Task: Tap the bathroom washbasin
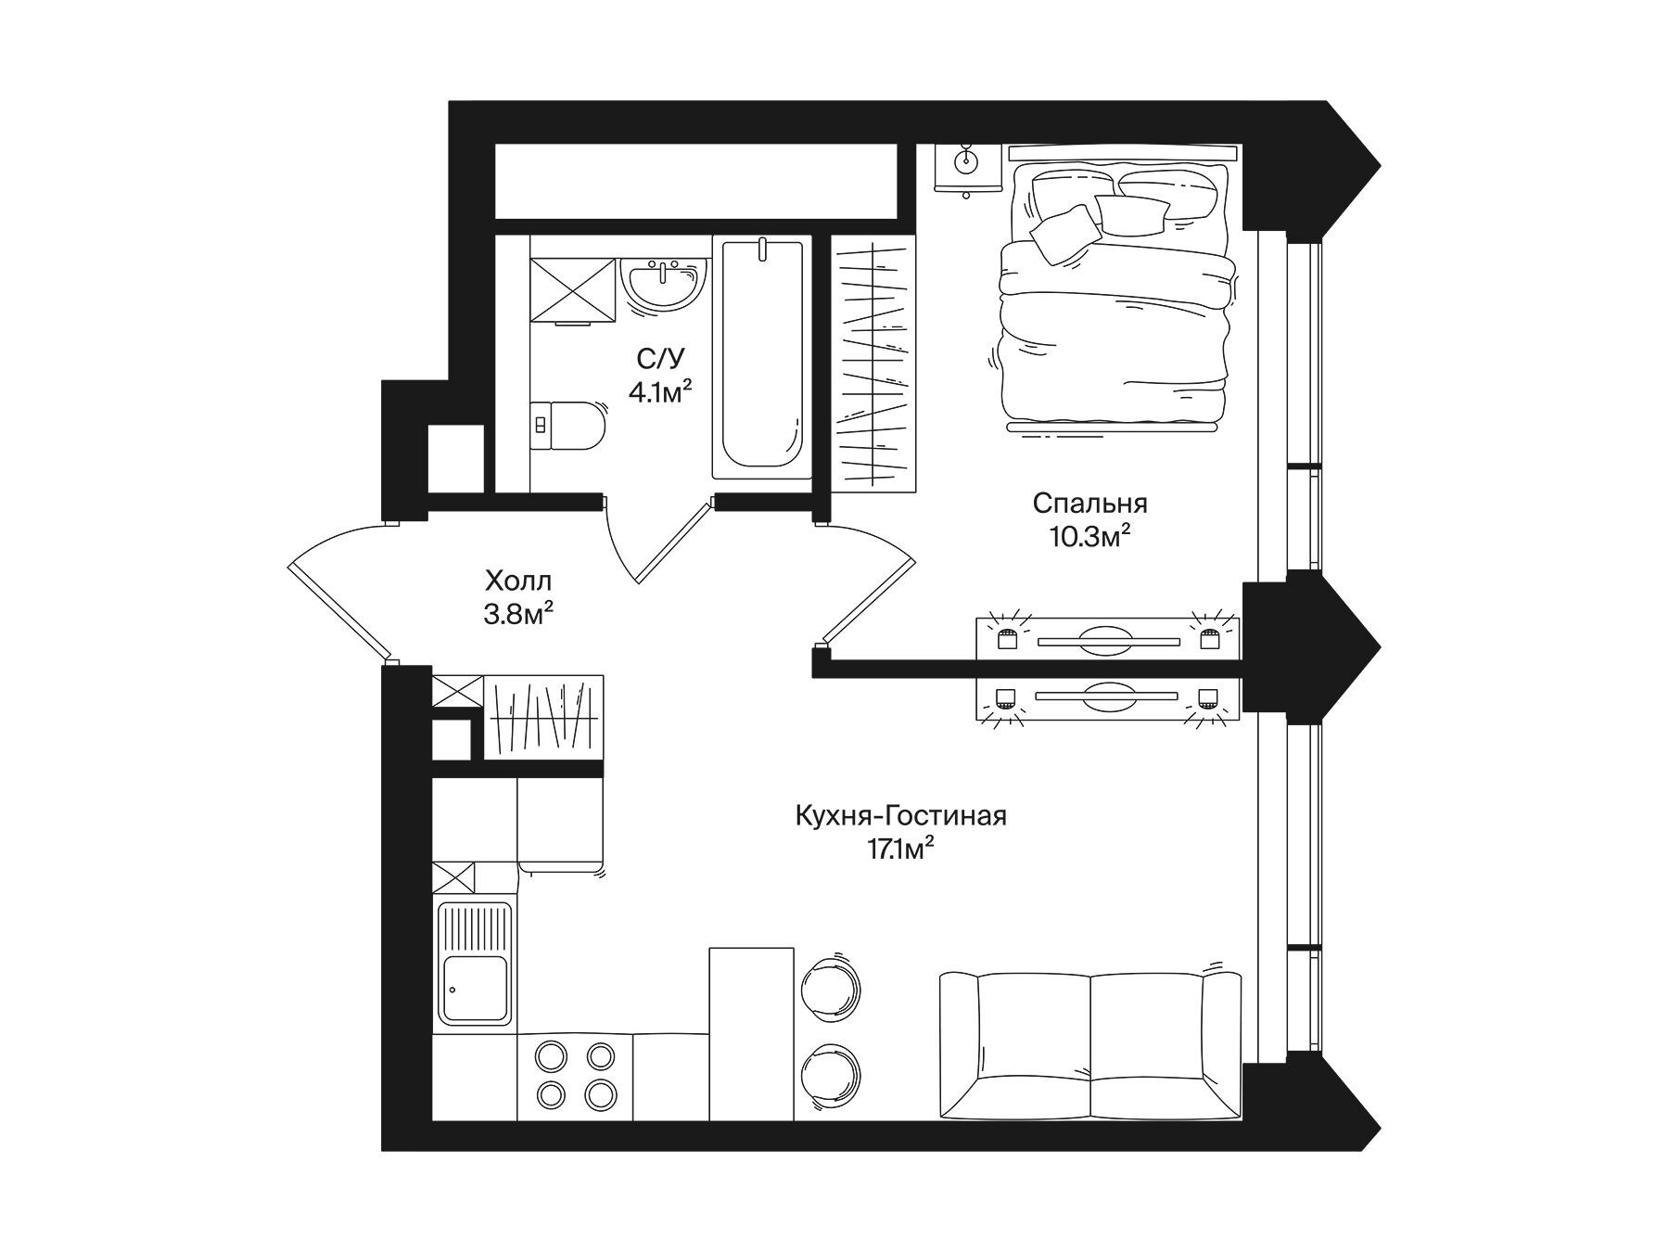[664, 283]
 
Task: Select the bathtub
[762, 358]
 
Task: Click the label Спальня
[1089, 504]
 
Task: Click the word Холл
[518, 581]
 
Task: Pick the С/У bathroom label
[660, 359]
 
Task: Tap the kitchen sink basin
[476, 989]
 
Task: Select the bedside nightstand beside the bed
[967, 169]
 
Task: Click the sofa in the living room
[1090, 1045]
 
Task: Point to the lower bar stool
[832, 1074]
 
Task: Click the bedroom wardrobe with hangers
[873, 364]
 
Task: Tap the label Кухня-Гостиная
[901, 816]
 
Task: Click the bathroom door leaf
[673, 543]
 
